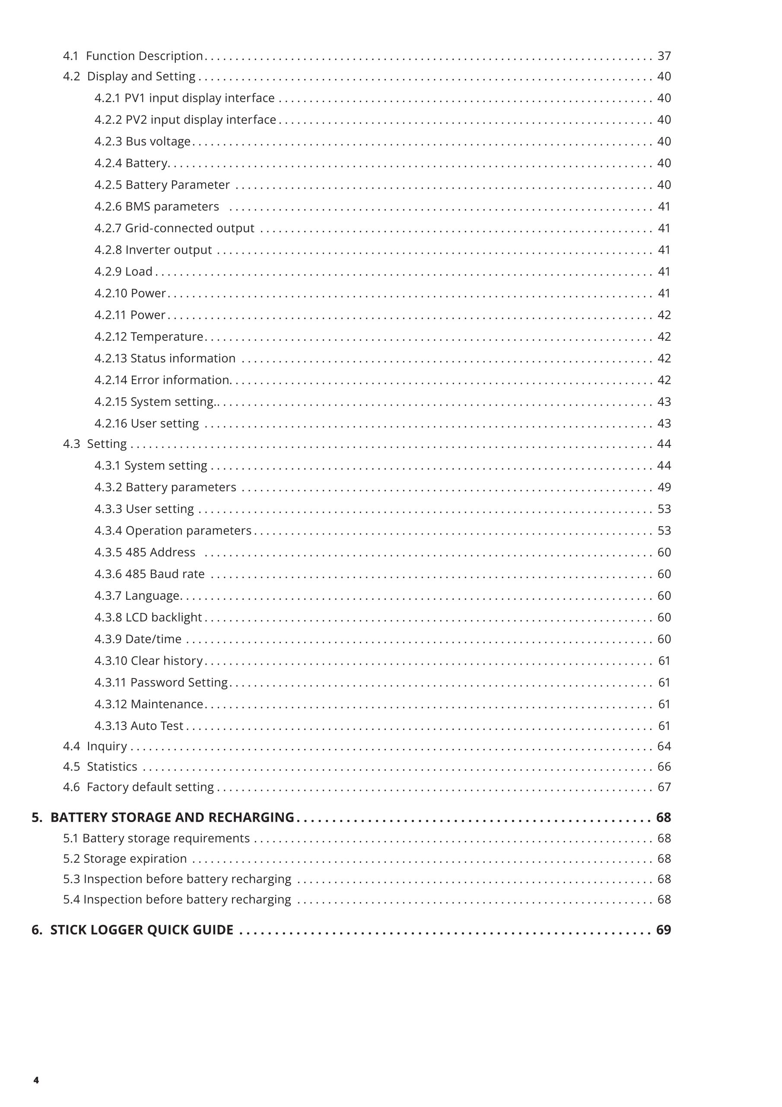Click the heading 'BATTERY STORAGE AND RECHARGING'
pyautogui.click(x=172, y=817)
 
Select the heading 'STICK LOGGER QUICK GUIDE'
pyautogui.click(x=142, y=930)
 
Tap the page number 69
pyautogui.click(x=664, y=930)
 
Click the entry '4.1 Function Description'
pyautogui.click(x=133, y=56)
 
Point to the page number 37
pyautogui.click(x=664, y=56)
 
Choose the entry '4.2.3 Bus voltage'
pyautogui.click(x=143, y=141)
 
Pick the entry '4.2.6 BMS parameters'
pyautogui.click(x=156, y=206)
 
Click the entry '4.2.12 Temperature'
pyautogui.click(x=149, y=336)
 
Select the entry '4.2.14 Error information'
pyautogui.click(x=162, y=380)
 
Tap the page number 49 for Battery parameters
pyautogui.click(x=664, y=487)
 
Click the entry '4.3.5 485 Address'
pyautogui.click(x=145, y=552)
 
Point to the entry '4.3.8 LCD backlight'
pyautogui.click(x=148, y=617)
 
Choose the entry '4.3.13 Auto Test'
pyautogui.click(x=139, y=726)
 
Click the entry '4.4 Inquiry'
pyautogui.click(x=95, y=746)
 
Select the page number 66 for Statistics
pyautogui.click(x=664, y=766)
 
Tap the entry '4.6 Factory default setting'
pyautogui.click(x=138, y=787)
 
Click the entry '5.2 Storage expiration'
pyautogui.click(x=125, y=858)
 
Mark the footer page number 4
pyautogui.click(x=36, y=1080)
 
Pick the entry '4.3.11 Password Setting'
pyautogui.click(x=161, y=682)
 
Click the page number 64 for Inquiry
pyautogui.click(x=664, y=746)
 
